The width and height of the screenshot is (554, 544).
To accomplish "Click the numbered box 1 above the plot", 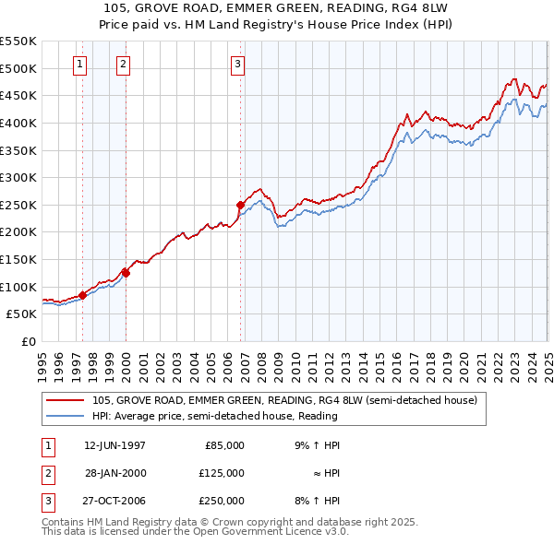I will (79, 65).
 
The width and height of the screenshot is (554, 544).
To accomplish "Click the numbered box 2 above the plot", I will (124, 65).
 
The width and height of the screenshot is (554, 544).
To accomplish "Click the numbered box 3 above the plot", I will (237, 65).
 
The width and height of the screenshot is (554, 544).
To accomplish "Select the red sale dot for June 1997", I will (82, 295).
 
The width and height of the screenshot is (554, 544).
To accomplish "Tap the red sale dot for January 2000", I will (126, 273).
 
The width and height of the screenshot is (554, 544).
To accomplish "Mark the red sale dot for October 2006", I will (240, 205).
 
